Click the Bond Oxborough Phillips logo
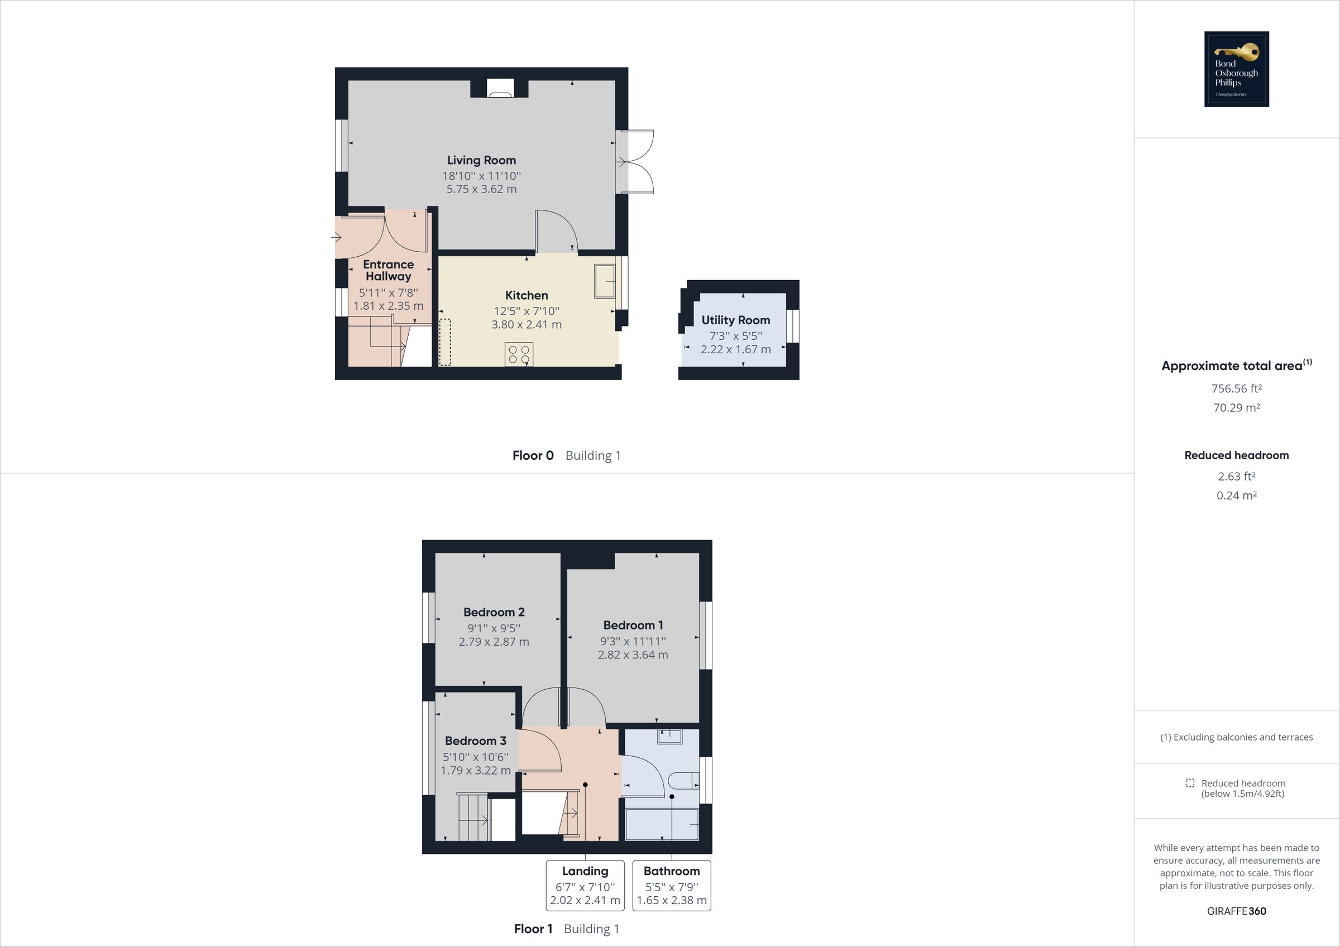click(1236, 69)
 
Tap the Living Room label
click(481, 160)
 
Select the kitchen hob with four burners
click(519, 355)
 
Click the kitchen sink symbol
click(605, 281)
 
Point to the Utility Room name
click(735, 320)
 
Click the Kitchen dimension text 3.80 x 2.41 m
click(527, 324)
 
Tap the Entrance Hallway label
click(388, 270)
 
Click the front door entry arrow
click(336, 238)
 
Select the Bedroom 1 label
click(633, 625)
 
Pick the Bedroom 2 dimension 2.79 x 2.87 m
click(494, 642)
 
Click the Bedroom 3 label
click(475, 741)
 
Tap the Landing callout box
click(585, 885)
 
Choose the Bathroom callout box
click(671, 885)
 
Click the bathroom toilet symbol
click(683, 780)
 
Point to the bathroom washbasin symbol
click(669, 737)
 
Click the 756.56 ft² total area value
click(1236, 388)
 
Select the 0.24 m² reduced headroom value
click(1236, 496)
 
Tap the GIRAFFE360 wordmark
click(1236, 911)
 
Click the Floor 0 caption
click(532, 455)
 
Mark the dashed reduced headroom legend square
click(1189, 783)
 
